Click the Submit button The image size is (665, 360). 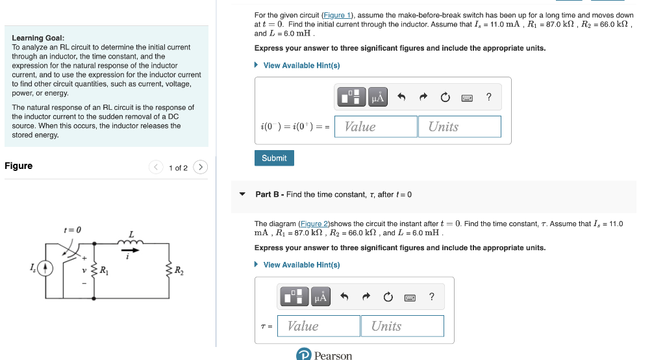[274, 158]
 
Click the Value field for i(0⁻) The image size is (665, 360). [376, 127]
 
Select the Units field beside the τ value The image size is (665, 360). [403, 326]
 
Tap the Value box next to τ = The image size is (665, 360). [319, 326]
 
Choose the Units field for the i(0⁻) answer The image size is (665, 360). [460, 127]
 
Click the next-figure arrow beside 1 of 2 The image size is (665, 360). [201, 168]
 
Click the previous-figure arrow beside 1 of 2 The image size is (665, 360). [156, 168]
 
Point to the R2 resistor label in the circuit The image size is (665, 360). [179, 270]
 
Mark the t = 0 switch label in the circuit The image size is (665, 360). [73, 230]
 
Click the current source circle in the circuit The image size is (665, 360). [45, 268]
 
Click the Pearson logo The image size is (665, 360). [324, 355]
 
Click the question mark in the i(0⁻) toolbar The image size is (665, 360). [489, 97]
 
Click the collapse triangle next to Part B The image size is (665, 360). [242, 194]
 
